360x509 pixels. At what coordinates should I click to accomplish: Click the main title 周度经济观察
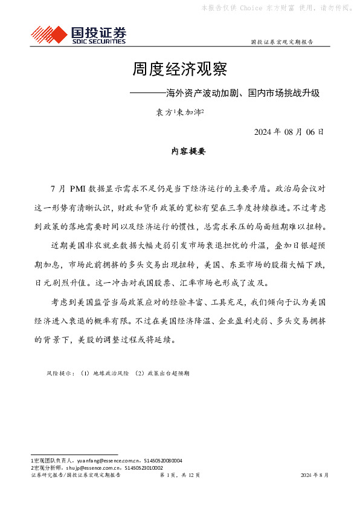179,70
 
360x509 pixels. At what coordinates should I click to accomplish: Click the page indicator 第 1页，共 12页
179,476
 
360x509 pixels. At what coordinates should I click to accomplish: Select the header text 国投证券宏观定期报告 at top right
281,42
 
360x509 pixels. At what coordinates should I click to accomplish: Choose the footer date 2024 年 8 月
315,476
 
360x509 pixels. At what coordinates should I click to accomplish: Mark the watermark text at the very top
278,8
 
